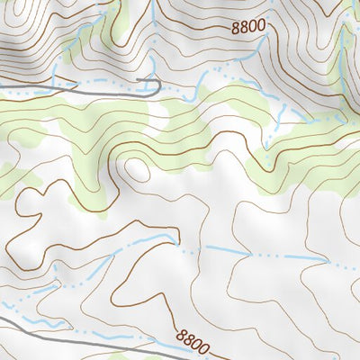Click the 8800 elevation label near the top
click(x=247, y=26)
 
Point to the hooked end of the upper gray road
click(x=158, y=86)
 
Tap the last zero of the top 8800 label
click(x=262, y=26)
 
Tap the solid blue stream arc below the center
click(x=135, y=240)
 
